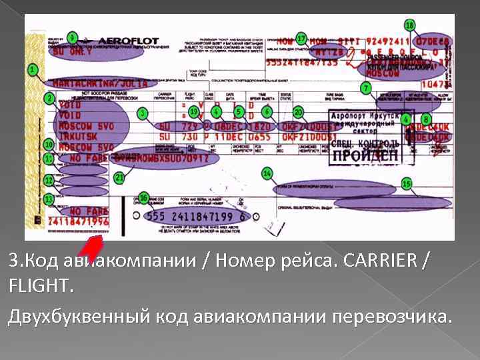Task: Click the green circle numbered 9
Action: (x=72, y=36)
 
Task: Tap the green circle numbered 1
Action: (x=31, y=69)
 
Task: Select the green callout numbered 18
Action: (x=409, y=25)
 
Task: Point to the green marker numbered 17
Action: (x=301, y=38)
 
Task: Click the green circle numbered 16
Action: (x=144, y=199)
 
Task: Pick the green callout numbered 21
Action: (x=119, y=178)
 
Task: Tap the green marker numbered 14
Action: (x=267, y=173)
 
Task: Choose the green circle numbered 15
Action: (x=406, y=183)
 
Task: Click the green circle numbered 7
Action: (x=365, y=88)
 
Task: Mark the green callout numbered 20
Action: (x=299, y=112)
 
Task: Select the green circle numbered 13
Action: (x=49, y=199)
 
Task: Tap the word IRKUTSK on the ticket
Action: (x=76, y=135)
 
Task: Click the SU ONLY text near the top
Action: (x=69, y=50)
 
